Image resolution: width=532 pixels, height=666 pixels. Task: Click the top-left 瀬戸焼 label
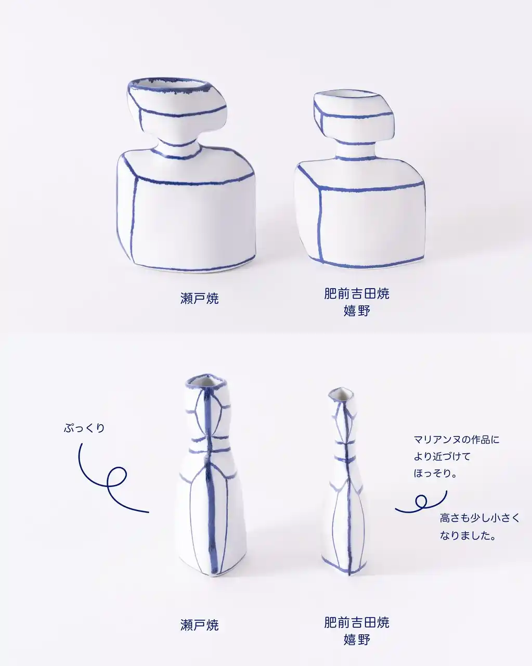pos(200,298)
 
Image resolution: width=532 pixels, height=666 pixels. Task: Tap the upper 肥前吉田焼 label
pos(357,293)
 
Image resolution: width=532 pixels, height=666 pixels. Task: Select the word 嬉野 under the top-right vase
pos(357,311)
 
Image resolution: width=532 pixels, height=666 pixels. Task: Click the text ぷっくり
pos(84,428)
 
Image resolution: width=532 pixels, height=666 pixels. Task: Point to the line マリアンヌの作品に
pos(457,440)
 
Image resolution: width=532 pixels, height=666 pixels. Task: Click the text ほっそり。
pos(435,473)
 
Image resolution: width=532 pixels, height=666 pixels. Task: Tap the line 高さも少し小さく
pos(480,518)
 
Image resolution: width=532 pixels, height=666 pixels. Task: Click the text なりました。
pos(468,535)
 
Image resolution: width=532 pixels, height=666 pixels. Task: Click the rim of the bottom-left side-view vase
pos(206,381)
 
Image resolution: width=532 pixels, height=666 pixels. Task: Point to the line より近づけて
pos(442,456)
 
